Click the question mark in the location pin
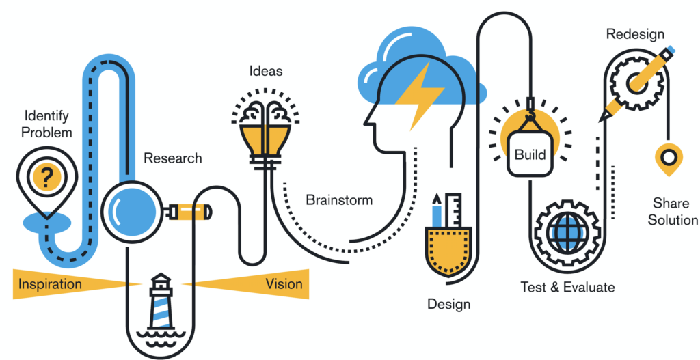pyautogui.click(x=46, y=178)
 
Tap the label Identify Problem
pyautogui.click(x=46, y=124)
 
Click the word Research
pyautogui.click(x=173, y=158)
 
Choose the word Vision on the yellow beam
pyautogui.click(x=284, y=283)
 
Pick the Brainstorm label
pyautogui.click(x=339, y=200)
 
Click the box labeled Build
pyautogui.click(x=530, y=154)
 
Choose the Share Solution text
pyautogui.click(x=673, y=211)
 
